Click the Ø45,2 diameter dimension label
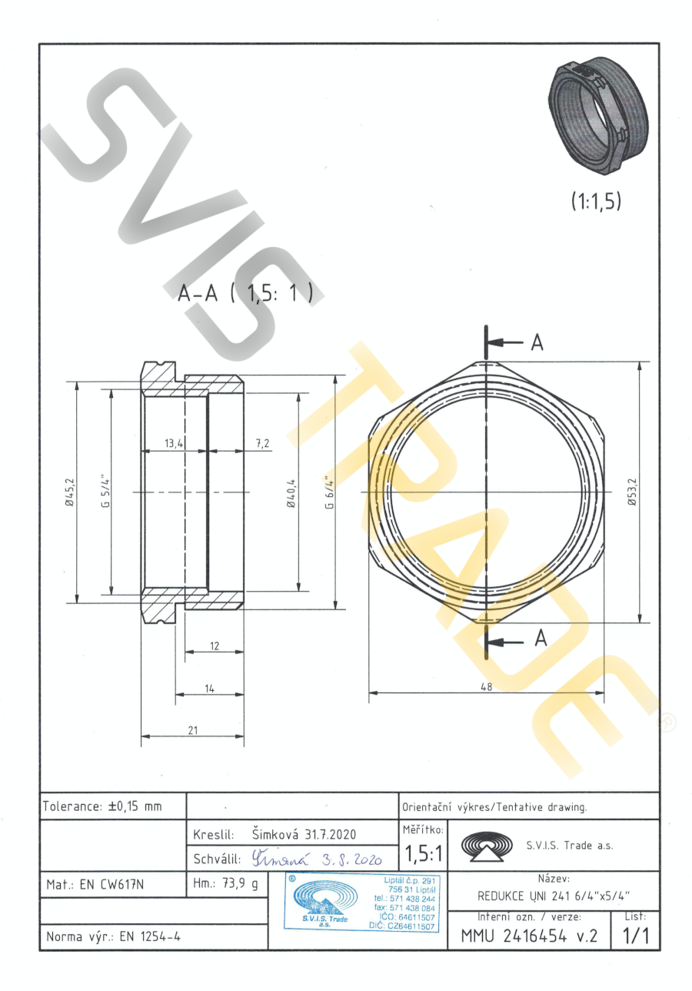tap(70, 492)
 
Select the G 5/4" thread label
tap(105, 492)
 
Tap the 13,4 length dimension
tap(174, 443)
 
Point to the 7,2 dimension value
tap(263, 443)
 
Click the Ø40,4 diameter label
tap(291, 493)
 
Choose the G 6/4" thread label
tap(329, 492)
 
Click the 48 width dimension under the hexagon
tap(487, 687)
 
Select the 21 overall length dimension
tap(193, 730)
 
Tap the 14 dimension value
tap(210, 689)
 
